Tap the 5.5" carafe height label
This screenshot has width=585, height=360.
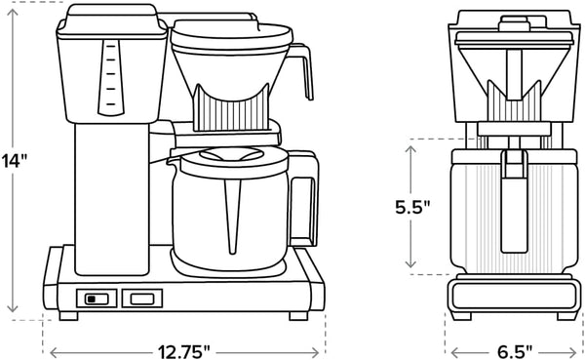pyautogui.click(x=414, y=208)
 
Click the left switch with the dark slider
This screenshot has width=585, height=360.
pyautogui.click(x=95, y=300)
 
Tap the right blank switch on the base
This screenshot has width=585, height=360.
pyautogui.click(x=142, y=300)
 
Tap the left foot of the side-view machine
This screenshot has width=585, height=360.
pyautogui.click(x=68, y=316)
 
